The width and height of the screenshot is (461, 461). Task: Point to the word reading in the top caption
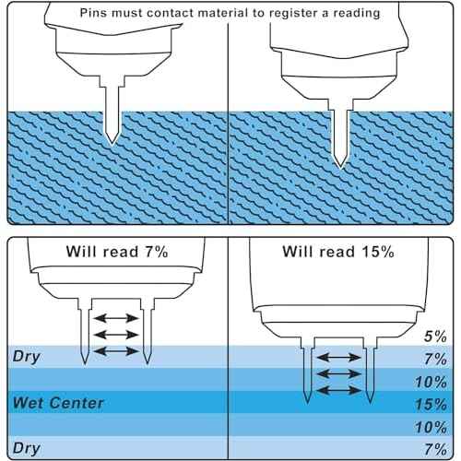pyautogui.click(x=357, y=14)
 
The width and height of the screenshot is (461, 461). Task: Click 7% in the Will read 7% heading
pyautogui.click(x=157, y=252)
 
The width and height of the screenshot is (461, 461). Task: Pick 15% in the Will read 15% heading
pyautogui.click(x=378, y=252)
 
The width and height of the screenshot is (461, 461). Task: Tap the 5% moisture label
pyautogui.click(x=435, y=337)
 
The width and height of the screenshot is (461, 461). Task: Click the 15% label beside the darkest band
pyautogui.click(x=431, y=404)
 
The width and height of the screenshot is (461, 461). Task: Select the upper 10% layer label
pyautogui.click(x=431, y=382)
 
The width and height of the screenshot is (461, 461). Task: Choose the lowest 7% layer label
pyautogui.click(x=436, y=449)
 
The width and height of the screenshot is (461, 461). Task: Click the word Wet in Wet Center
pyautogui.click(x=29, y=403)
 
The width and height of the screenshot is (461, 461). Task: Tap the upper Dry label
pyautogui.click(x=27, y=357)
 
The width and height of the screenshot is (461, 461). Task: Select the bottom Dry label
pyautogui.click(x=27, y=449)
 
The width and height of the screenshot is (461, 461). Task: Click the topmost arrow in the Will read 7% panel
pyautogui.click(x=116, y=318)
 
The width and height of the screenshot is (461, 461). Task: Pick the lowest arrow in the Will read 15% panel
pyautogui.click(x=338, y=391)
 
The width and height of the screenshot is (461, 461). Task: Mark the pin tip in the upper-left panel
pyautogui.click(x=112, y=144)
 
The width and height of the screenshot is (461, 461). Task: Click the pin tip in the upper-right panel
pyautogui.click(x=340, y=168)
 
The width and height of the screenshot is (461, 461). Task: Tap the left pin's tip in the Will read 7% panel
pyautogui.click(x=85, y=365)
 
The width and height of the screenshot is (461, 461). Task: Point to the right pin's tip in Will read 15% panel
pyautogui.click(x=370, y=403)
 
